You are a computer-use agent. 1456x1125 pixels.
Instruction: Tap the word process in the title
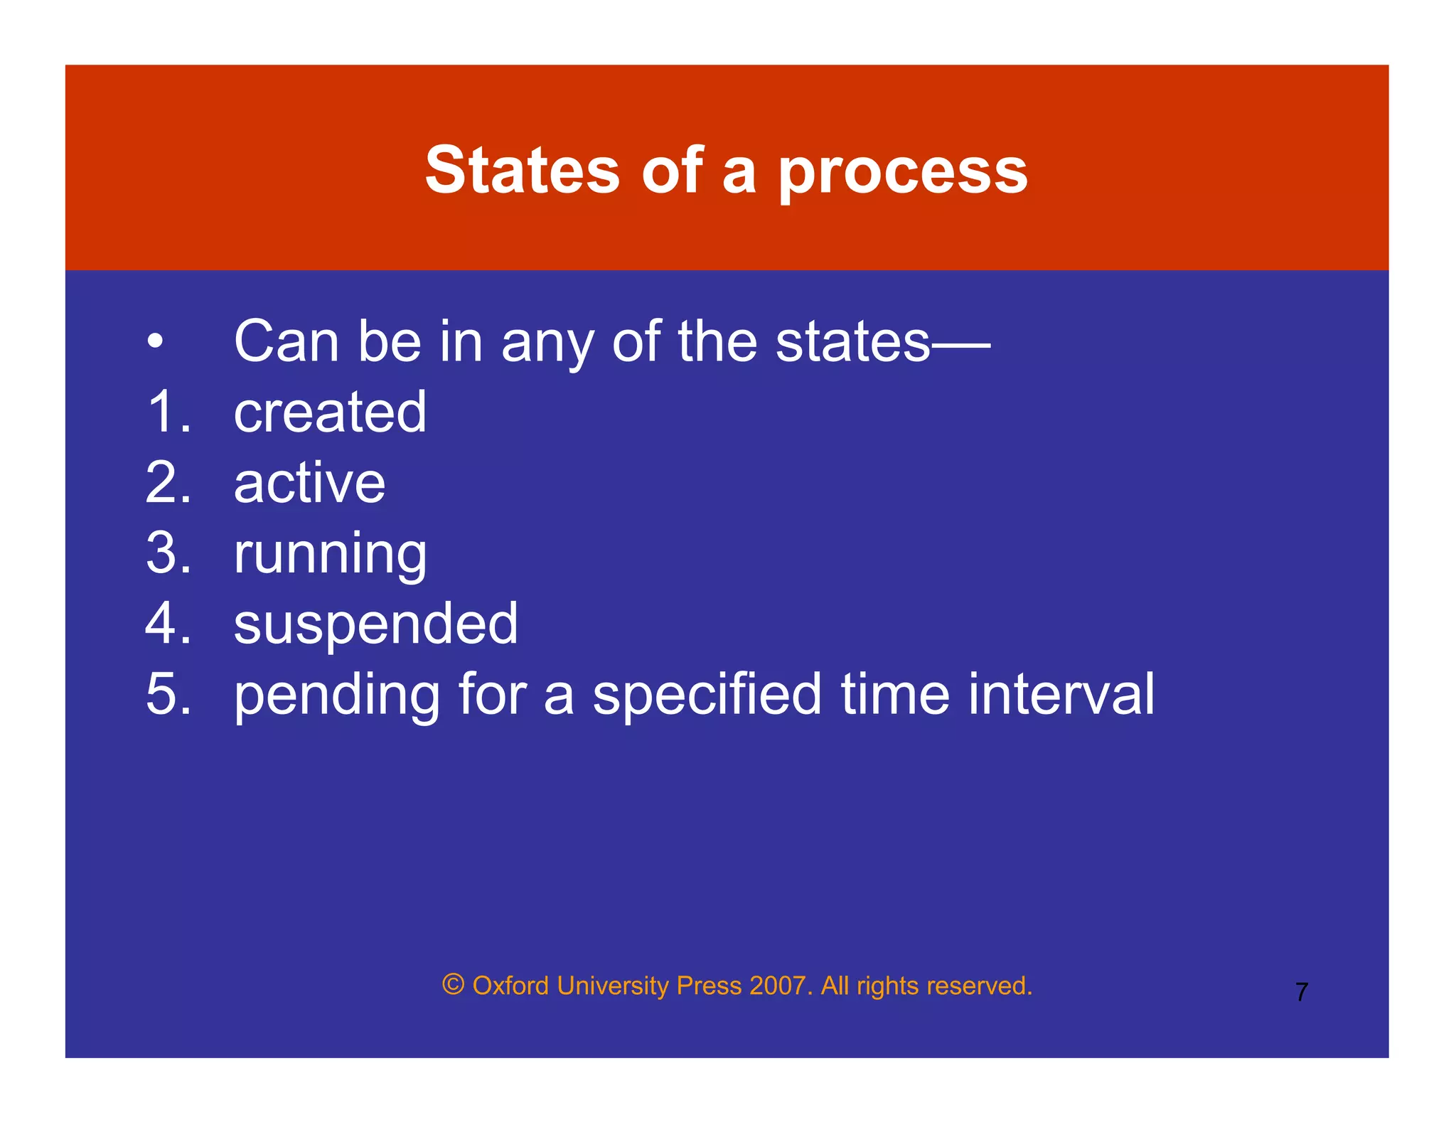[x=903, y=172]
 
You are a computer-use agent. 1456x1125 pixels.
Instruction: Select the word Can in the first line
[x=287, y=342]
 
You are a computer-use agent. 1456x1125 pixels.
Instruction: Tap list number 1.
[x=168, y=412]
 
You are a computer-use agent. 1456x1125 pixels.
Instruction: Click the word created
[x=330, y=412]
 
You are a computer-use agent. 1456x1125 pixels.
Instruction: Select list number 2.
[x=168, y=483]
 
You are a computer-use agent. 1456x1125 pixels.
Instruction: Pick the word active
[x=309, y=483]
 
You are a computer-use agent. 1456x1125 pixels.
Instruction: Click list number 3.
[x=168, y=553]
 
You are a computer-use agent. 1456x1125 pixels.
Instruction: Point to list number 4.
[x=168, y=624]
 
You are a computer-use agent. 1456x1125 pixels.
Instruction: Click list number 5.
[x=168, y=694]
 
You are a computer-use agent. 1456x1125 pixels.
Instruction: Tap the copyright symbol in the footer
[x=453, y=985]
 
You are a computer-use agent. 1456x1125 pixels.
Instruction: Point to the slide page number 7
[x=1301, y=992]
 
